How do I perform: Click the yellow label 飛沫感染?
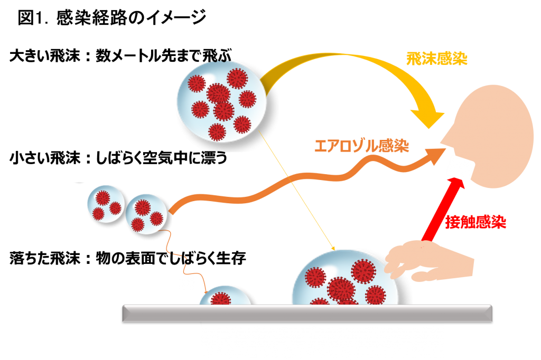tap(436, 59)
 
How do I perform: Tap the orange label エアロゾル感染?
tap(361, 146)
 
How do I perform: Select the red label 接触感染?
tap(475, 222)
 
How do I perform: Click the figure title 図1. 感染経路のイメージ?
tap(112, 17)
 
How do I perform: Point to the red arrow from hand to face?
tap(443, 209)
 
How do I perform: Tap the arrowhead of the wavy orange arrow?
tap(436, 157)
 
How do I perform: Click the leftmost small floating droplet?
tap(106, 204)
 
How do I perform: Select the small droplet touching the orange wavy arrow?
tap(146, 214)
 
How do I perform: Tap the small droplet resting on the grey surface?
tap(225, 296)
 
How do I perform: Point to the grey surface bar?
tap(307, 314)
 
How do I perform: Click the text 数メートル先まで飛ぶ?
tap(164, 55)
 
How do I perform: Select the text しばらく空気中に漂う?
tap(162, 158)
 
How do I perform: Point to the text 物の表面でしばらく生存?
tap(171, 258)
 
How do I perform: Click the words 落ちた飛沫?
tap(45, 258)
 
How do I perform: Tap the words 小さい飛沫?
tap(45, 158)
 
